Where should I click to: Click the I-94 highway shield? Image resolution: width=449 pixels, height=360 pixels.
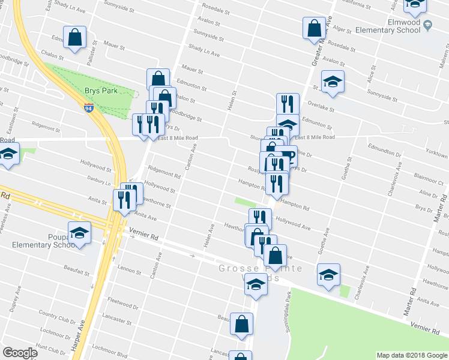tap(89, 108)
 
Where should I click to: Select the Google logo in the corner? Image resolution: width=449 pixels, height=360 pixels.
tap(20, 353)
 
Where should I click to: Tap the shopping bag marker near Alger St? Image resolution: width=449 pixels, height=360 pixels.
tap(315, 28)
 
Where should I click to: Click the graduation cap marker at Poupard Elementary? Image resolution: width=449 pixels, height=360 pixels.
tap(79, 233)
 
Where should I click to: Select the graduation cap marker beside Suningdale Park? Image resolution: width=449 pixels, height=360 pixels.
tap(328, 275)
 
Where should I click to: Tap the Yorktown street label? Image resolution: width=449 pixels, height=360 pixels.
tap(436, 153)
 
